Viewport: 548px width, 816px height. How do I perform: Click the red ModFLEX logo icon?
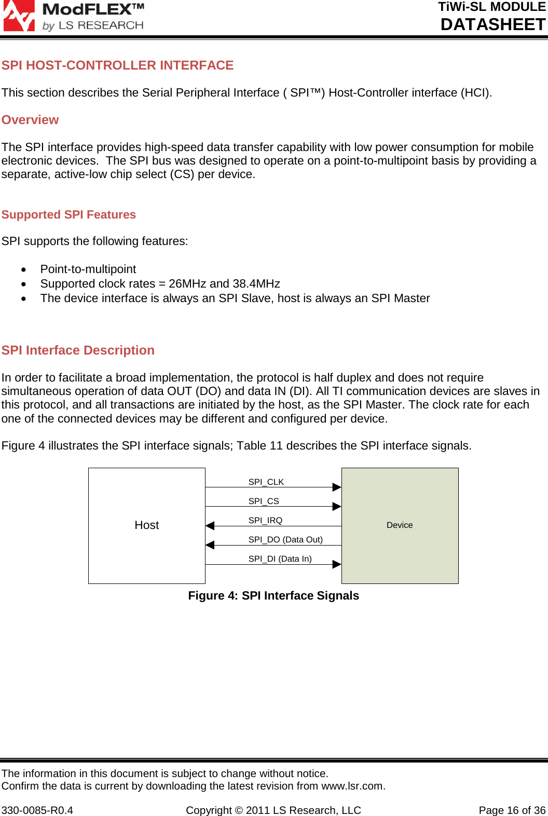19,16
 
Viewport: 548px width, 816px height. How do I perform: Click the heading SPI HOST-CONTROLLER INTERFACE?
117,65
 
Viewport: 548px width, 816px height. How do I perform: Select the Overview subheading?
30,120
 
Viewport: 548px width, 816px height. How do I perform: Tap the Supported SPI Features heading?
68,215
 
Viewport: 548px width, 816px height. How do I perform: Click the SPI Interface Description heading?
78,350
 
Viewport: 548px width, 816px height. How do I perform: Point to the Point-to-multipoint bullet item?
88,269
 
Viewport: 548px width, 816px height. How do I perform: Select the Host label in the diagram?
146,525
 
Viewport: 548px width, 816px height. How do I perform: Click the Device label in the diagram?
400,525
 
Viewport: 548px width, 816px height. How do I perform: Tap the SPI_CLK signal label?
266,482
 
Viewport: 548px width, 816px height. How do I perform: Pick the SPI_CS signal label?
264,501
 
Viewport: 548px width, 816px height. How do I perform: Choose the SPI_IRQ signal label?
265,521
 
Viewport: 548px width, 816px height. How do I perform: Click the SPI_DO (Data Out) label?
285,540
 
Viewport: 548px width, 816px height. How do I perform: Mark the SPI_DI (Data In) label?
280,559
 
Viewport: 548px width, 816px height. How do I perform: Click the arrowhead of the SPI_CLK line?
337,487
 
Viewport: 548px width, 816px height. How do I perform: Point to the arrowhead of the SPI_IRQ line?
210,526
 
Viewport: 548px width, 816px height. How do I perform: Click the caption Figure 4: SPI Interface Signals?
273,596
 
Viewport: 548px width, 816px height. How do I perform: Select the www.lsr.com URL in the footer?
352,786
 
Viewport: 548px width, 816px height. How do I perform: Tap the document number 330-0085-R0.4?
37,810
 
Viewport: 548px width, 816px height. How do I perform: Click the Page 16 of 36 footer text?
512,810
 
